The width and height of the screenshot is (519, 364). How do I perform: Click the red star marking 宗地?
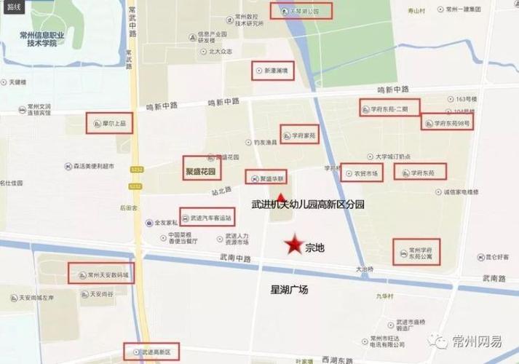294,246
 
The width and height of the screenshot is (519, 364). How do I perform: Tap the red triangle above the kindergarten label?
282,197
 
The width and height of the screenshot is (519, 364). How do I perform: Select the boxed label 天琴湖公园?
301,12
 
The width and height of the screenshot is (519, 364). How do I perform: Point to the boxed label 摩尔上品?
108,124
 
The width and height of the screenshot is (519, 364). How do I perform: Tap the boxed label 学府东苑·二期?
389,108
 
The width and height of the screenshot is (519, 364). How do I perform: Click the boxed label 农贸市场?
362,173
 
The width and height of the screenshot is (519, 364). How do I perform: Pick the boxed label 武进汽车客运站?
209,217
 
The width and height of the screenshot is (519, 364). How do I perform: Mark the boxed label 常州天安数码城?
102,274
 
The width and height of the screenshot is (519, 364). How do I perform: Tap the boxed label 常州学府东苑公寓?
417,251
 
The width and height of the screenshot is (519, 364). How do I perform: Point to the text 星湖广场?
289,290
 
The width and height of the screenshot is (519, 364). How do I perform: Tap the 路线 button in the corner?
12,7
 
